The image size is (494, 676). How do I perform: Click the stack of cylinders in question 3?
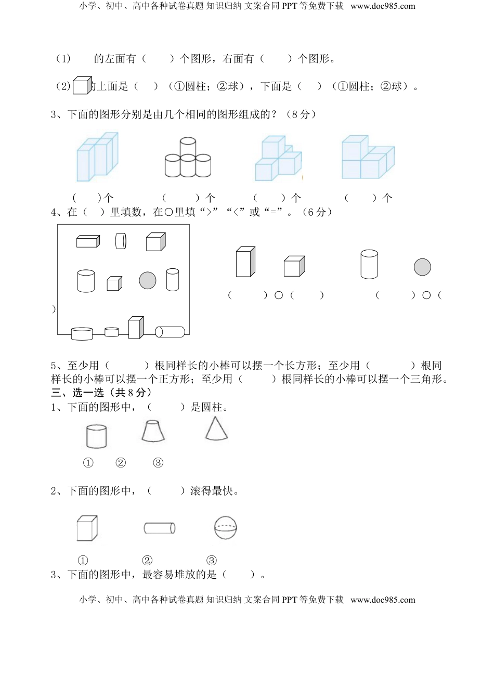(188, 158)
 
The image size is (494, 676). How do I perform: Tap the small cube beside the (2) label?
(81, 85)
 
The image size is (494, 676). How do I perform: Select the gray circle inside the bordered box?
(148, 280)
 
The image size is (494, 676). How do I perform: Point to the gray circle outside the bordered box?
(422, 267)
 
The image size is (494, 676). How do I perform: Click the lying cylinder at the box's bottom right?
(170, 332)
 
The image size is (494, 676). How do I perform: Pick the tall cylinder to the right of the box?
(369, 264)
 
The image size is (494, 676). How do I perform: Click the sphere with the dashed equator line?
(225, 528)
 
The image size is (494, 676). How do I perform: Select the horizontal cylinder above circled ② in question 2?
(159, 528)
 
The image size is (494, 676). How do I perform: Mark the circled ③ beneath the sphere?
(211, 561)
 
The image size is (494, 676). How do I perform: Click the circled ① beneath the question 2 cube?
(83, 561)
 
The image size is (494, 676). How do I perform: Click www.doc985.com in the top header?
(383, 6)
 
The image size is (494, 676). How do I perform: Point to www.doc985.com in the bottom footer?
(383, 600)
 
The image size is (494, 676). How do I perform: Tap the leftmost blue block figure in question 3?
(97, 156)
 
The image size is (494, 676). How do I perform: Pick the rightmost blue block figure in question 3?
(367, 158)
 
